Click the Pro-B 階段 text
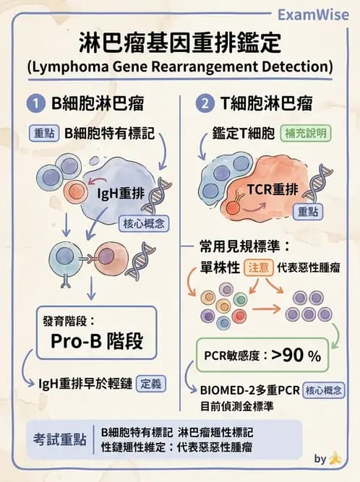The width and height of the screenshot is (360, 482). tap(96, 340)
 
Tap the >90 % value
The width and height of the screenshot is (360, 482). tap(296, 356)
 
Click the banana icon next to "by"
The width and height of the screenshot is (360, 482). tap(335, 458)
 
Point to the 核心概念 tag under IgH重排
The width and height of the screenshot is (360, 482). tap(142, 224)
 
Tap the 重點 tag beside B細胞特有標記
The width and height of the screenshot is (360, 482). tap(46, 134)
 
